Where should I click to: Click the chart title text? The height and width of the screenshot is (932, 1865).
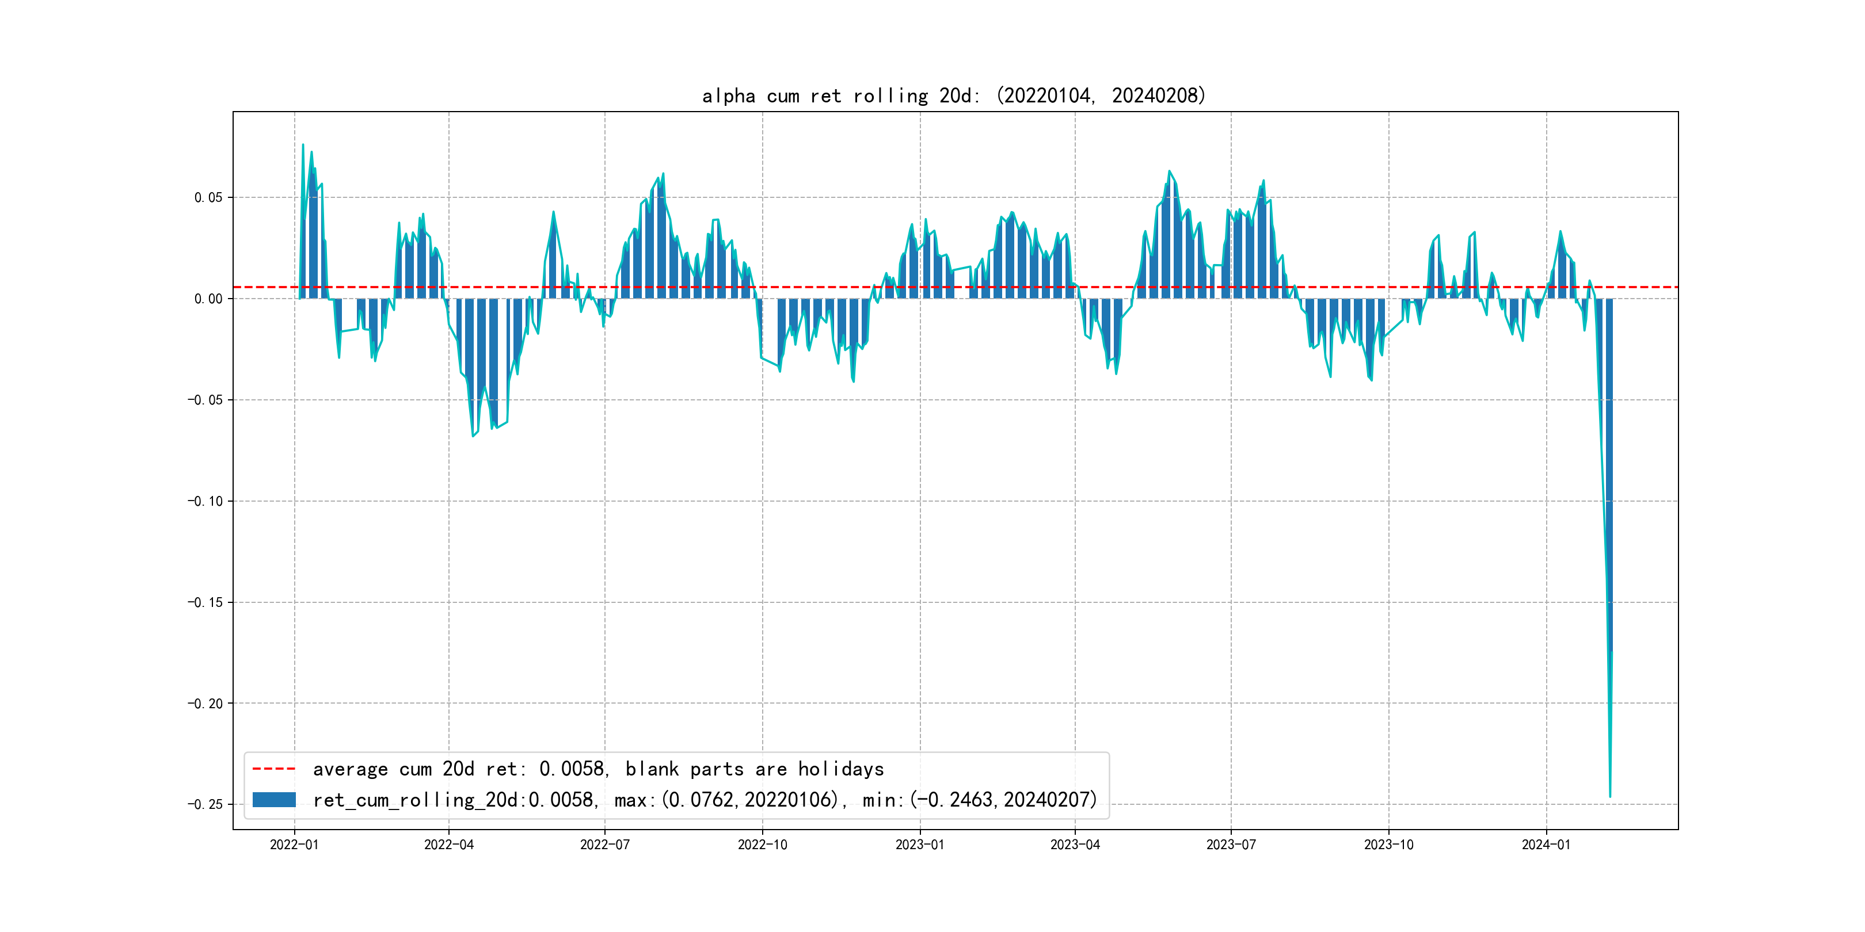point(953,96)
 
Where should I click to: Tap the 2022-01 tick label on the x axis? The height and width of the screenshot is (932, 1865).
point(294,845)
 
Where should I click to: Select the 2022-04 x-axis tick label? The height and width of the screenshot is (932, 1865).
point(449,845)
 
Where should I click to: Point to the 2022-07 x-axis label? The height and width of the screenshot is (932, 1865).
point(604,845)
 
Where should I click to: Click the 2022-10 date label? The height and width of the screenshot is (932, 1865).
point(762,845)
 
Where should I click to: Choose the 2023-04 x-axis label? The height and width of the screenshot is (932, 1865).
point(1075,845)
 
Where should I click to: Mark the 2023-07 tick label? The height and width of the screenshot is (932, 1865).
point(1231,845)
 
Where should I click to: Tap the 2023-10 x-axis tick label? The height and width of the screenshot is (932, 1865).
point(1388,845)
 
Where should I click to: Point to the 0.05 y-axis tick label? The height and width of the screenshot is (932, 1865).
point(208,197)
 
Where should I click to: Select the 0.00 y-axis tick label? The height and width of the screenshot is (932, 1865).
point(208,299)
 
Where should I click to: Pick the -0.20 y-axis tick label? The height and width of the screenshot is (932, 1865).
point(205,704)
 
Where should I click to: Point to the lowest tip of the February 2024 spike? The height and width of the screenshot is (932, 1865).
point(1609,797)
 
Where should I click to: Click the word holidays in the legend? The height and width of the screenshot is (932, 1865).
point(842,769)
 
